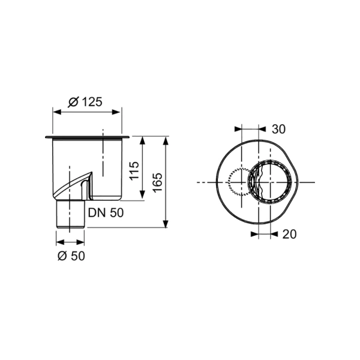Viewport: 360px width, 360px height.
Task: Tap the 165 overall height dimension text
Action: point(157,182)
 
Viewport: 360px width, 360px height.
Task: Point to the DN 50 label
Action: point(107,212)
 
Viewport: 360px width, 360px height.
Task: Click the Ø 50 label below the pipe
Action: point(71,256)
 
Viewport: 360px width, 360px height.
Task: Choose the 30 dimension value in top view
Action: point(278,128)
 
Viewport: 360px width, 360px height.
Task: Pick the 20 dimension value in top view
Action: point(288,235)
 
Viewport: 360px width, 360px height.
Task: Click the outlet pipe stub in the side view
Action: point(71,215)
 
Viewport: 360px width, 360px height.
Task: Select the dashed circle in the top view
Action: point(240,182)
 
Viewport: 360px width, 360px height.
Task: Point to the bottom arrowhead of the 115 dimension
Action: point(142,197)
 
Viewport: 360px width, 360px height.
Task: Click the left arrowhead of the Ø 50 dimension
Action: point(58,242)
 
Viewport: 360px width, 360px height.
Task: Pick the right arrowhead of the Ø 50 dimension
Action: point(82,242)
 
